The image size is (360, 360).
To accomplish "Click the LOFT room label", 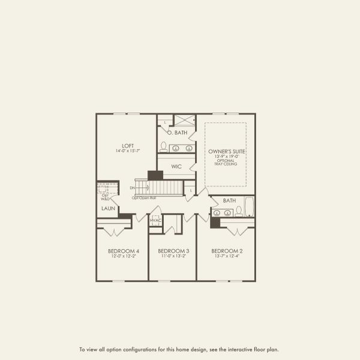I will (x=127, y=145).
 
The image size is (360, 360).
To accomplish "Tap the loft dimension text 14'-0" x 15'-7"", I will (x=127, y=151).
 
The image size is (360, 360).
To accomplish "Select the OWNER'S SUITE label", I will (x=226, y=151).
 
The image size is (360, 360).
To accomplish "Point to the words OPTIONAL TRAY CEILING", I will (x=226, y=162).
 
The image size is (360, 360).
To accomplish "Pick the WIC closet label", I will (x=176, y=166).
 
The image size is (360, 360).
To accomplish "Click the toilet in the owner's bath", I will (x=163, y=146).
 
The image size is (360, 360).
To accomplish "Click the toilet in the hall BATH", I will (x=238, y=211).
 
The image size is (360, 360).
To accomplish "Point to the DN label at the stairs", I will (x=132, y=188).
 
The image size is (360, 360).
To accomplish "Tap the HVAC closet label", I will (x=155, y=220).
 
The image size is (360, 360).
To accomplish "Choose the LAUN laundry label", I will (x=108, y=208).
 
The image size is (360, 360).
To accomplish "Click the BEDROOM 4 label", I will (x=124, y=250).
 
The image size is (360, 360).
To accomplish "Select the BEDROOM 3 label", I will (x=173, y=250).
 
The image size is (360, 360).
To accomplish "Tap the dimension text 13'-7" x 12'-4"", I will (x=226, y=256).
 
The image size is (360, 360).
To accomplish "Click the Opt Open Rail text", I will (x=144, y=197).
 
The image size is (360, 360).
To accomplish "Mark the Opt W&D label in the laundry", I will (x=106, y=196).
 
